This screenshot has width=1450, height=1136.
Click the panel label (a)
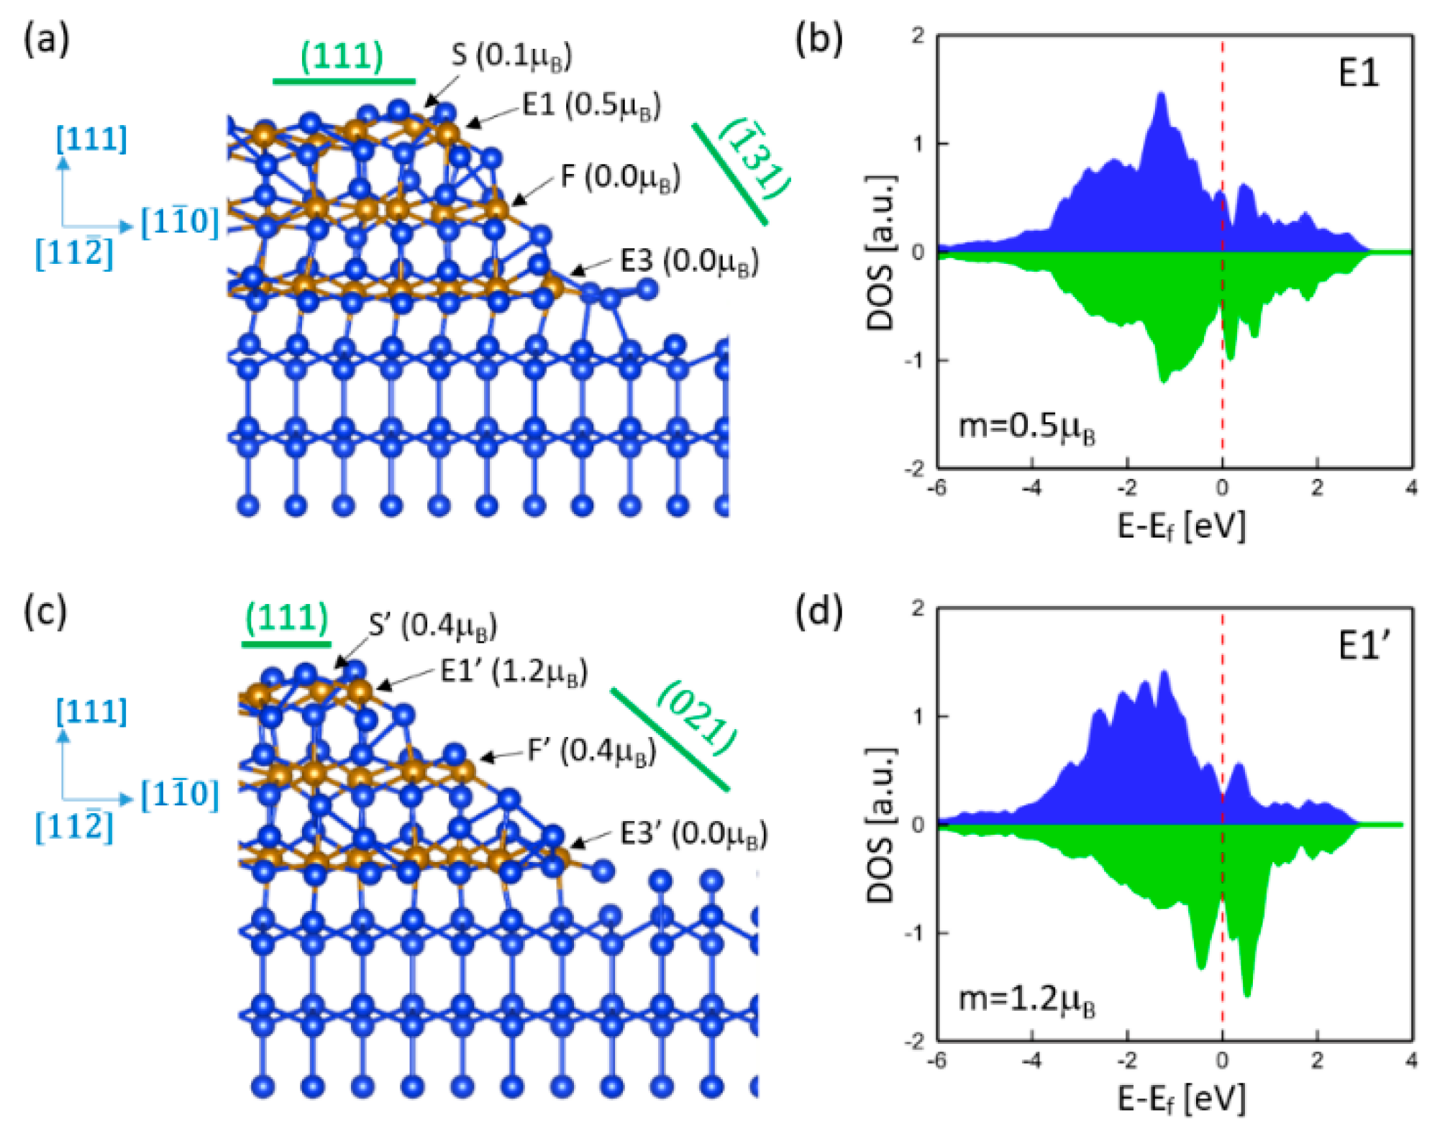tap(46, 40)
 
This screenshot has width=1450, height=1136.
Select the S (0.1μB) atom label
tap(511, 56)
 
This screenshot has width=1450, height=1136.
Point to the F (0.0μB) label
tap(620, 177)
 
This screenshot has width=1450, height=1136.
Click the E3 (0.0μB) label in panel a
tap(689, 262)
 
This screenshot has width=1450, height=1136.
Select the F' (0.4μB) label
tap(591, 751)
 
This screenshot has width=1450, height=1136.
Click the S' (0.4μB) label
tap(432, 626)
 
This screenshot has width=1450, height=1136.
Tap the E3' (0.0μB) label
tap(693, 834)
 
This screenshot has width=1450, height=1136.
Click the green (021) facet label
tap(696, 718)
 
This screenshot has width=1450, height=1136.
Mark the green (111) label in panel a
tap(342, 56)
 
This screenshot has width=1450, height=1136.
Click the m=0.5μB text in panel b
tap(1027, 427)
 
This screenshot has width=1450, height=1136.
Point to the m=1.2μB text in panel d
tap(1027, 999)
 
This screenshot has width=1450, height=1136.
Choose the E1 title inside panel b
tap(1358, 73)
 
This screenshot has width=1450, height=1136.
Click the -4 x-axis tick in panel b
tap(1031, 488)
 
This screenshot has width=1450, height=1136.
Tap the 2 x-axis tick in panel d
tap(1316, 1061)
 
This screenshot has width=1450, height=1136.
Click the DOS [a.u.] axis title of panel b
tap(882, 252)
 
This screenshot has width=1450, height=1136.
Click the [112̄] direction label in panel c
tap(74, 827)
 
